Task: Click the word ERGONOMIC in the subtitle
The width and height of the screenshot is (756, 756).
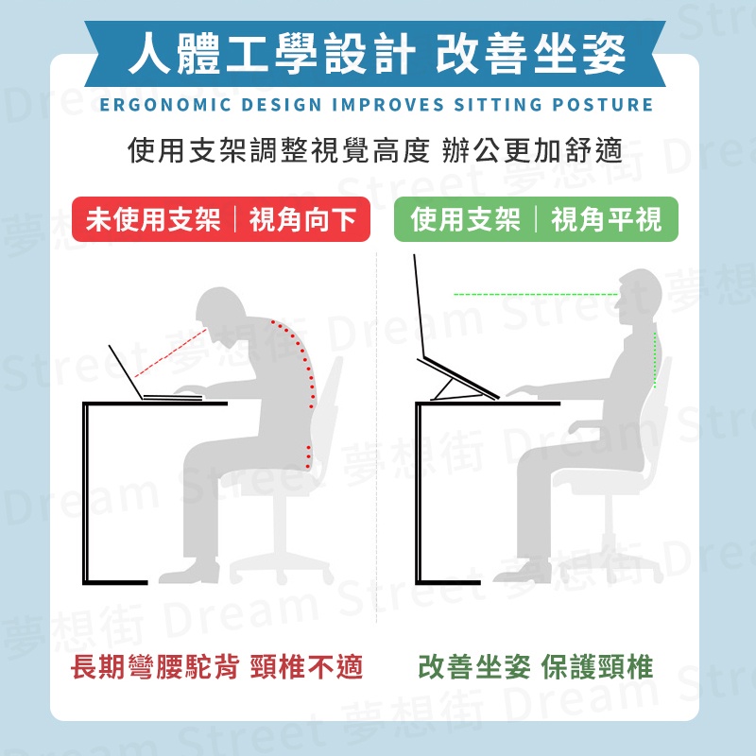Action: pos(164,105)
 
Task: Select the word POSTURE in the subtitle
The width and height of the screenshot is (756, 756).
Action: pos(603,105)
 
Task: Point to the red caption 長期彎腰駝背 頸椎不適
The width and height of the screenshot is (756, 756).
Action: pos(216,667)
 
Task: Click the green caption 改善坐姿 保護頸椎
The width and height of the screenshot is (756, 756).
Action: pos(536,667)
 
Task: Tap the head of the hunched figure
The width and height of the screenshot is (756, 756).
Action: pos(223,314)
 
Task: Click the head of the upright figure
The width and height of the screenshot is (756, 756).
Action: pos(639,298)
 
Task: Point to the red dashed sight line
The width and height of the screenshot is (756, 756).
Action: pos(170,352)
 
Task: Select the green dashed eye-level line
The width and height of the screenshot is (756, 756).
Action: pos(536,294)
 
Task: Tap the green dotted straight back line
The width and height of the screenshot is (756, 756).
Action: pos(655,359)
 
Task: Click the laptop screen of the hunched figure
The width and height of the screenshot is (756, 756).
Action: pos(126,371)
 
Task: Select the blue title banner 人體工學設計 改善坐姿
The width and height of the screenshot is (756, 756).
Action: pos(375,54)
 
